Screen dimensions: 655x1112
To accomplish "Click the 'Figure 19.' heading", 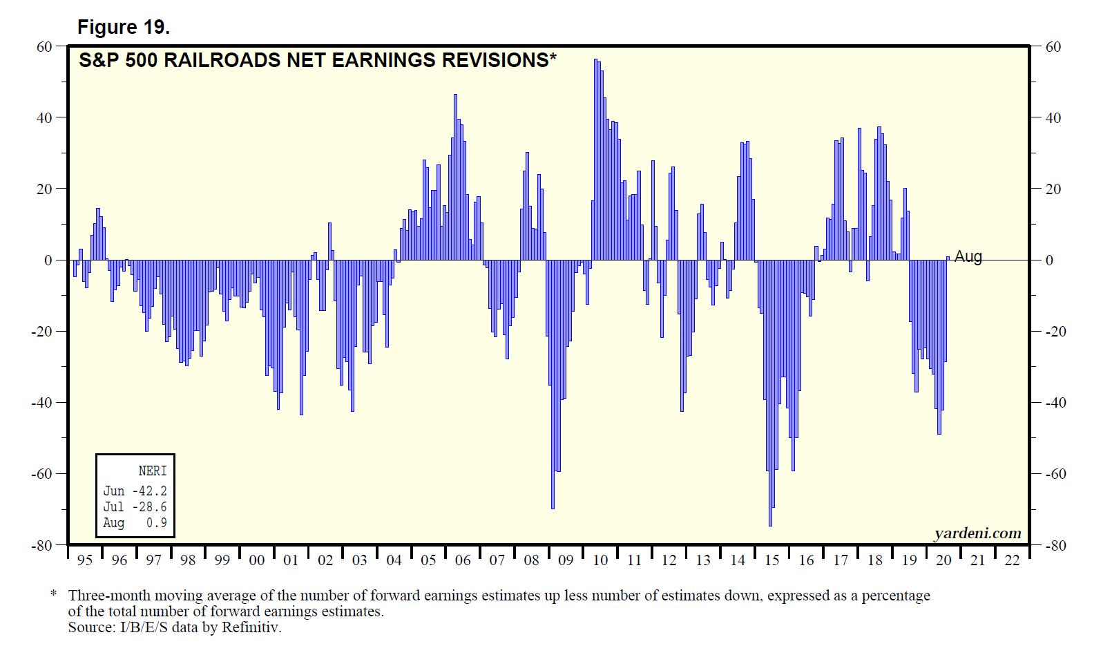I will point(123,27).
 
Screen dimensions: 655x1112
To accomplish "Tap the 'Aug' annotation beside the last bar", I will point(968,256).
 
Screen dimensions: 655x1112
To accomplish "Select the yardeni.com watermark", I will point(977,533).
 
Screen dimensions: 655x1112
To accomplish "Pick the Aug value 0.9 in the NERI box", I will point(156,522).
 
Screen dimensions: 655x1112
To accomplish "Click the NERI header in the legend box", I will point(152,471).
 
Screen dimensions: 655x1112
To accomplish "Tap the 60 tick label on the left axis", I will point(44,46).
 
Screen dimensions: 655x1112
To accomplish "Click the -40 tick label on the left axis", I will point(41,402).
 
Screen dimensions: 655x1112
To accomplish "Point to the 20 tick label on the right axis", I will point(1053,189).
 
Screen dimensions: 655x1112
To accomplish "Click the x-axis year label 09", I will point(566,560).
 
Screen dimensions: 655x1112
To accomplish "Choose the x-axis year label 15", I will point(771,560).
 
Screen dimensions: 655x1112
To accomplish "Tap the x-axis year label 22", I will point(1012,560).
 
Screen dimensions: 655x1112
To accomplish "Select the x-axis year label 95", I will point(85,560).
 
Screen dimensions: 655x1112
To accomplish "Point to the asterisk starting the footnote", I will point(53,594).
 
